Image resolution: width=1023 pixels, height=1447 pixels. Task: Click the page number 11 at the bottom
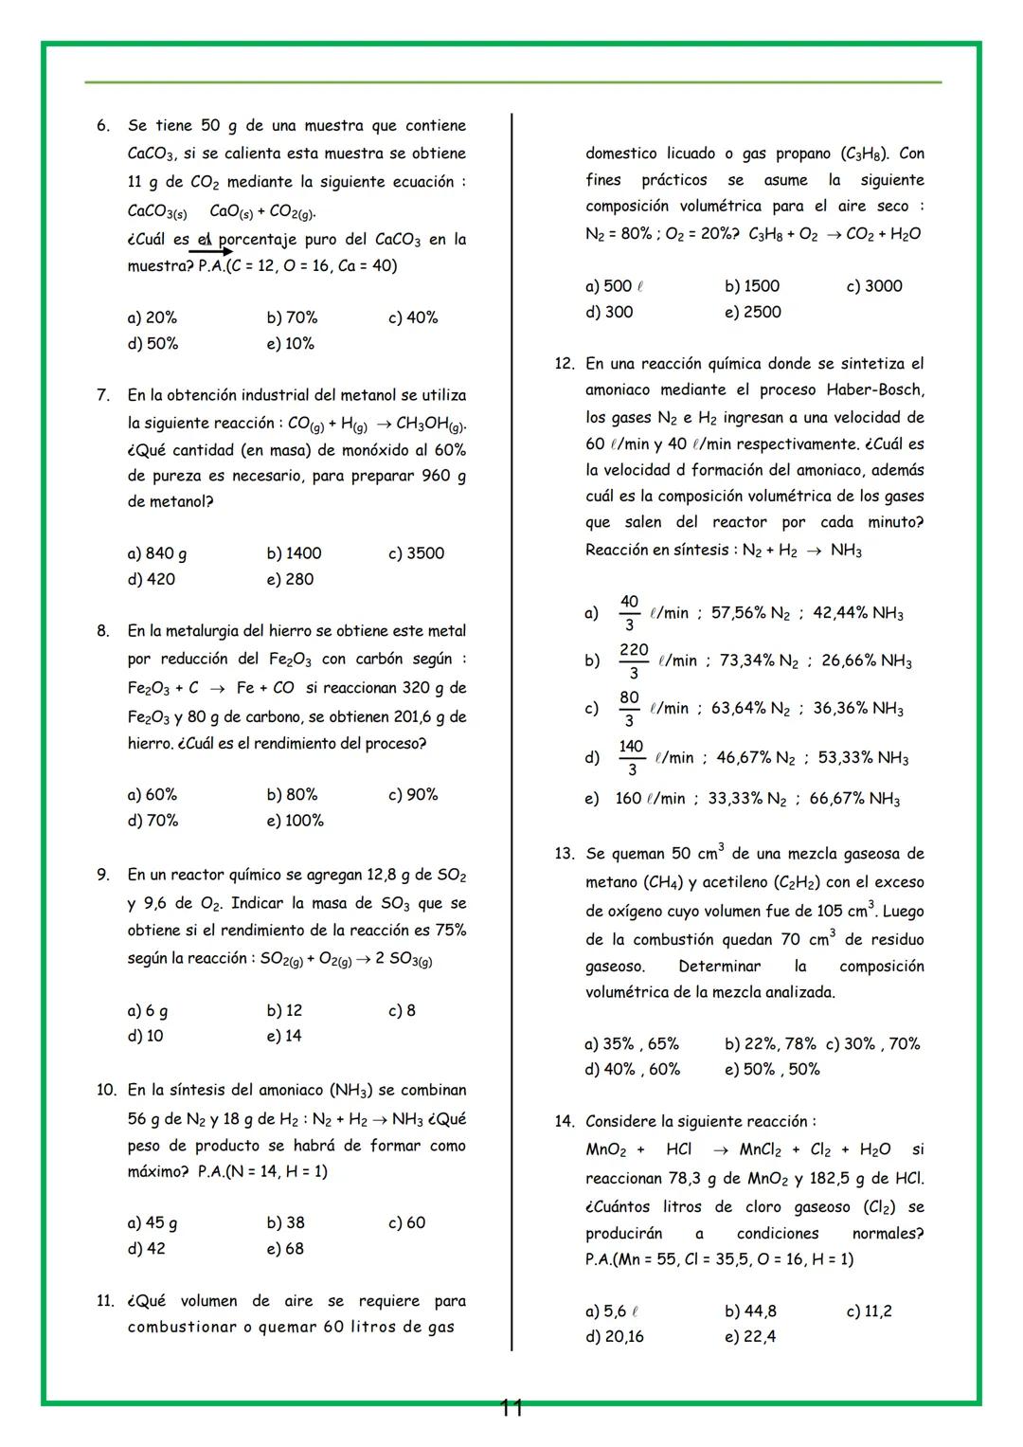click(511, 1408)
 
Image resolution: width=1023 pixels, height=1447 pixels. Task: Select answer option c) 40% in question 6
click(413, 318)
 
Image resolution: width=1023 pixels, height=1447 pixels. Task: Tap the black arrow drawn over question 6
click(210, 252)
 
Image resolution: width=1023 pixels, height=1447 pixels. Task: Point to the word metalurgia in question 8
click(228, 631)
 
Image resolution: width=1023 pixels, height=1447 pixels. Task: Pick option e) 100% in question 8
click(295, 821)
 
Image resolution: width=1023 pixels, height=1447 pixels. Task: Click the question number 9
click(103, 875)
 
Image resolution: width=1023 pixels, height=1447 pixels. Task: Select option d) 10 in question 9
click(145, 1036)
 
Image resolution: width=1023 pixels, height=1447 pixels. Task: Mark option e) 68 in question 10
click(285, 1249)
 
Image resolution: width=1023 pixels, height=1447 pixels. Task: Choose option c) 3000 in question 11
click(873, 286)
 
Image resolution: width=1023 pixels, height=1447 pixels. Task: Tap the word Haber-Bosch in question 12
click(874, 389)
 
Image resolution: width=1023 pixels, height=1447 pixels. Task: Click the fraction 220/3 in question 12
click(634, 660)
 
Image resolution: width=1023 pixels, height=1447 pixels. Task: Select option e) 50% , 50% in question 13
click(772, 1070)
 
